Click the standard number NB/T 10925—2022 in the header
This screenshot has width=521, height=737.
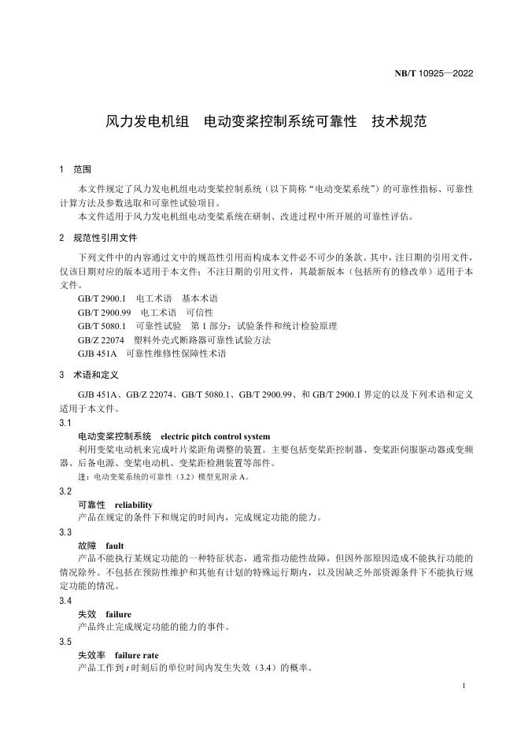(x=433, y=75)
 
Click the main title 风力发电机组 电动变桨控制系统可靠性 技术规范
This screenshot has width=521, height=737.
(x=266, y=122)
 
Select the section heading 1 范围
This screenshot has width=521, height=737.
(x=76, y=169)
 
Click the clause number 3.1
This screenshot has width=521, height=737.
(x=65, y=423)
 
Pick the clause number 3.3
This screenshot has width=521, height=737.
(x=65, y=532)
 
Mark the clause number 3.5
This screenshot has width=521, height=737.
(x=65, y=642)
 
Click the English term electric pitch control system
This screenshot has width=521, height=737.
(x=215, y=436)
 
